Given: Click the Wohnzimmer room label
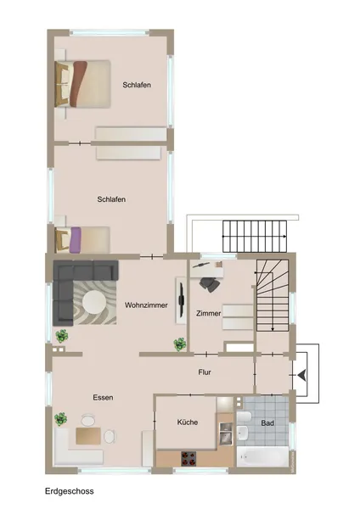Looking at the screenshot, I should point(145,305).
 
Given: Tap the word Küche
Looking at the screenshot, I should point(187,421).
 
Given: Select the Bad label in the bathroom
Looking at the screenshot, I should point(267,422).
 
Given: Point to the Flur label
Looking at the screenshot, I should point(205,371).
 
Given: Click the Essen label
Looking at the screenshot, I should point(103,396).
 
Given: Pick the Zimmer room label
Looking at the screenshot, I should point(208,313).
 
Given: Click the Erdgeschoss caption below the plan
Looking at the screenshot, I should point(70,490).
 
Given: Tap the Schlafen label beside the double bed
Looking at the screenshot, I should point(137,85).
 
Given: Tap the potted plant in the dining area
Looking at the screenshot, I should point(61,419).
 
